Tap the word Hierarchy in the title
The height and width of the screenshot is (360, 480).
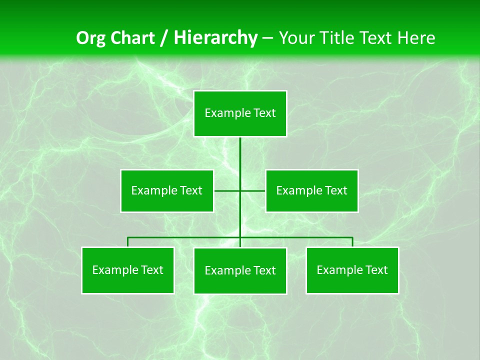pyautogui.click(x=215, y=38)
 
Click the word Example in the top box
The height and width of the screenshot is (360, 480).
pyautogui.click(x=223, y=113)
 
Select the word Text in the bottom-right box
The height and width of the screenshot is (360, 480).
pyautogui.click(x=376, y=270)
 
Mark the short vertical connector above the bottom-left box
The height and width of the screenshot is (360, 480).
pyautogui.click(x=128, y=242)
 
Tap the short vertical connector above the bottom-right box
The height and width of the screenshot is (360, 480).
pyautogui.click(x=352, y=242)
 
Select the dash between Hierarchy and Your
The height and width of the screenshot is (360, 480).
pyautogui.click(x=267, y=38)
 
